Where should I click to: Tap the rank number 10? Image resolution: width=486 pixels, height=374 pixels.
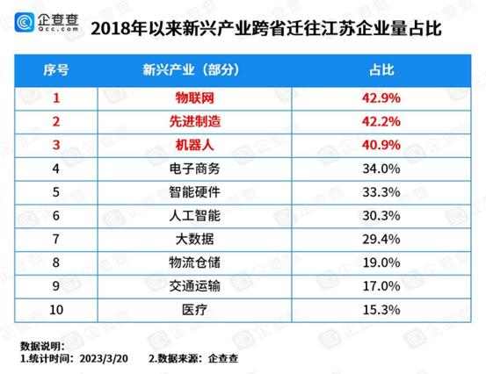pyautogui.click(x=55, y=309)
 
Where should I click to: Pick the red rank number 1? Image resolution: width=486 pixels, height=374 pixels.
pyautogui.click(x=55, y=98)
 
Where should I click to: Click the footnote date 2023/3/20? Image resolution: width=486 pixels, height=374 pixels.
pyautogui.click(x=103, y=359)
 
